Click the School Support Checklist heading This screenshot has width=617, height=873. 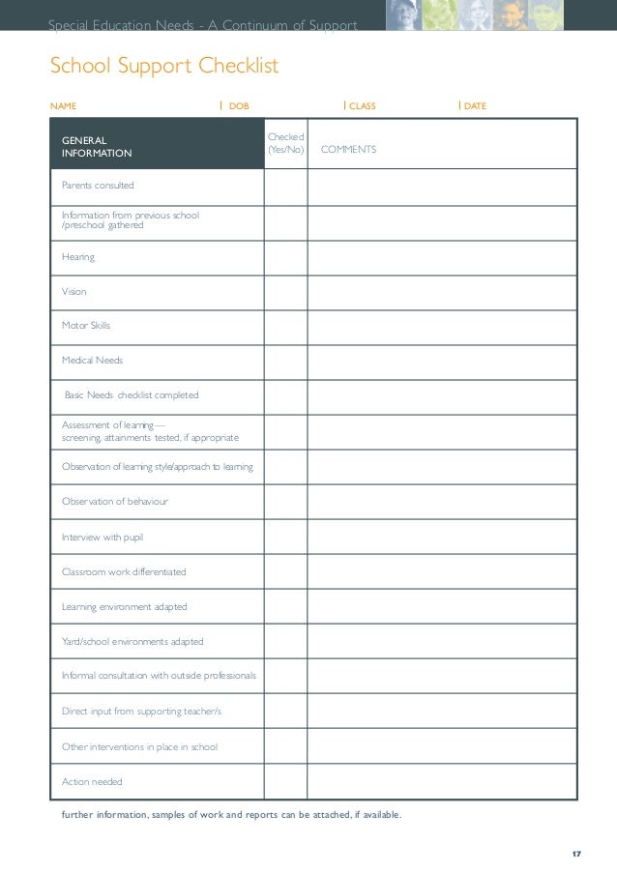point(164,67)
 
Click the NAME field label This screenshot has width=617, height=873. point(63,105)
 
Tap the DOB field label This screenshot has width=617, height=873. point(238,105)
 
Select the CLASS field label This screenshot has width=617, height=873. point(362,105)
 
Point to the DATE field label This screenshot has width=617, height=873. point(475,105)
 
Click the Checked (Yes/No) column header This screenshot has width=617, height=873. point(285,144)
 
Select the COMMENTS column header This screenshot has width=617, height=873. point(348,150)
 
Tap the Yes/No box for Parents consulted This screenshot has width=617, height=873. point(285,187)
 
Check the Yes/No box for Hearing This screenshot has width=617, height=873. point(285,257)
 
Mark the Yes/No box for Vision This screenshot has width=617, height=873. point(285,292)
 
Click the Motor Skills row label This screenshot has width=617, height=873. point(86,326)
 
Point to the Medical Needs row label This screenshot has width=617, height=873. point(92,361)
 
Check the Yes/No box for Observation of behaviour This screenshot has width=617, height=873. point(285,502)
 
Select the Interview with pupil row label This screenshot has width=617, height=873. point(103,537)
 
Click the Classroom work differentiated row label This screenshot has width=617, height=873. point(124,572)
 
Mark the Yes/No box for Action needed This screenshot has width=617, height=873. point(285,781)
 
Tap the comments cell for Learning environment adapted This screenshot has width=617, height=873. point(441,607)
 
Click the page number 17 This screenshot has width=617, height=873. point(576,854)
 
